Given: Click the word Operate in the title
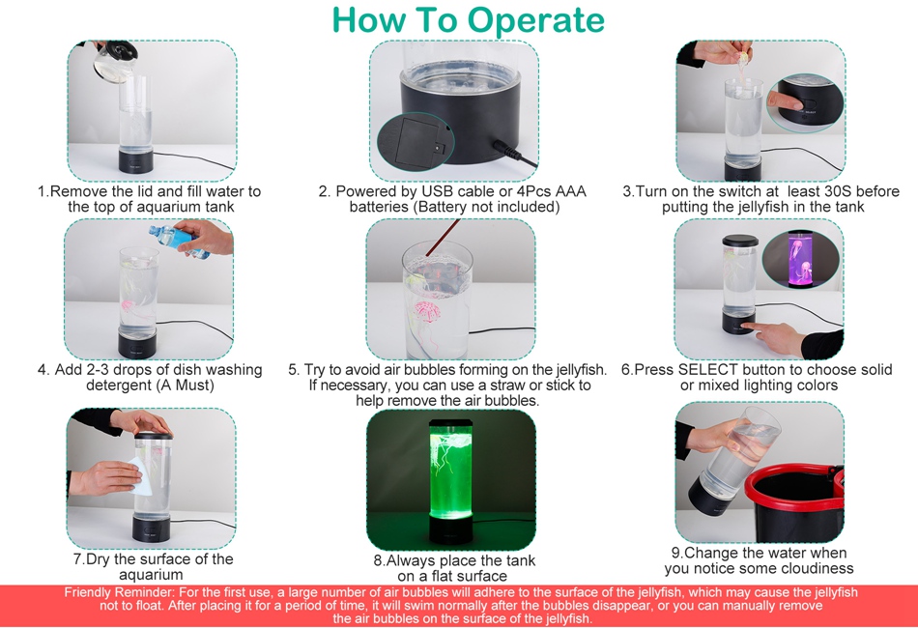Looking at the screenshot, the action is (x=536, y=21).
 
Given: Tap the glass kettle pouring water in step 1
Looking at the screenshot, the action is (x=115, y=61).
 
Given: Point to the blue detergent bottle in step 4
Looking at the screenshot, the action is (x=179, y=240).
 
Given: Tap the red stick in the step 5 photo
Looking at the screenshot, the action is (x=442, y=238).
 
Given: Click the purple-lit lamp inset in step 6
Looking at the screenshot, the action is (x=800, y=259).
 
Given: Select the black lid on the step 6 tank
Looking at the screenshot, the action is (x=740, y=240).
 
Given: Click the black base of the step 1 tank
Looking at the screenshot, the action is (x=136, y=160).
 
